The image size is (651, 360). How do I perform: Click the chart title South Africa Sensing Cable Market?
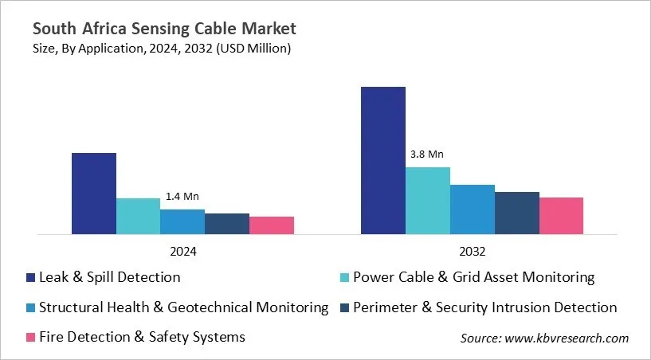(x=164, y=29)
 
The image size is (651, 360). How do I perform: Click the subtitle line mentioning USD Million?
(x=162, y=49)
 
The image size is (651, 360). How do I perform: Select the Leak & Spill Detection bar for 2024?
(x=94, y=194)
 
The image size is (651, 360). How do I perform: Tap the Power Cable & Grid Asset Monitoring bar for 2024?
(x=138, y=216)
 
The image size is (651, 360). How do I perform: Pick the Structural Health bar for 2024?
(x=182, y=221)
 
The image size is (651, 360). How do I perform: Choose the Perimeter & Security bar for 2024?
(x=227, y=224)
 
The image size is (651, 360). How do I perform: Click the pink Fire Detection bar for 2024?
(x=272, y=225)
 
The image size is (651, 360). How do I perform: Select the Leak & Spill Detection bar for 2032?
(x=383, y=161)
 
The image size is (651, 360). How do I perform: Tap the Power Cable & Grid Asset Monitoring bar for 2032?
(x=428, y=201)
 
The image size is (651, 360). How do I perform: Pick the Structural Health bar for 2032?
(x=473, y=209)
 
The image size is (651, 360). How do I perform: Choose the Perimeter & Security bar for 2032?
(x=517, y=213)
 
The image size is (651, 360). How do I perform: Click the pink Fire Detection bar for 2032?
(x=562, y=216)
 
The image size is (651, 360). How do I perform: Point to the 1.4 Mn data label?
(x=182, y=196)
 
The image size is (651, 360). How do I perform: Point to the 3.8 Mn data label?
(x=427, y=155)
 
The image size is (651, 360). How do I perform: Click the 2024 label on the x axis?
(x=182, y=251)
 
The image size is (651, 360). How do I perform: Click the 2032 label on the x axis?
(x=472, y=251)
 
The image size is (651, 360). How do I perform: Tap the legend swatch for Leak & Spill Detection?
(x=30, y=278)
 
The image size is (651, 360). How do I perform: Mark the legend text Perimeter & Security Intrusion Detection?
(x=485, y=307)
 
